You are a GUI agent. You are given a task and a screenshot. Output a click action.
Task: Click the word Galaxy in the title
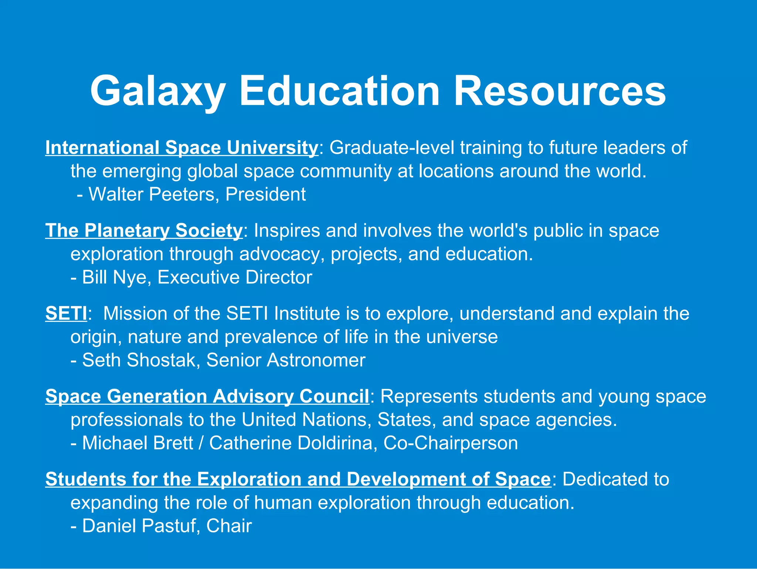[x=158, y=91]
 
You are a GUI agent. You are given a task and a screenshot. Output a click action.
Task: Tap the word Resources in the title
[x=560, y=91]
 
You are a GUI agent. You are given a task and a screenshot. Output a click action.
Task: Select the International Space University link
[x=181, y=148]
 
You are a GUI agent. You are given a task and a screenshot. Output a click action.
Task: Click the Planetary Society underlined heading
[x=144, y=230]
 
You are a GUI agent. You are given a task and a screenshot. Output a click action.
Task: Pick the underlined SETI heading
[x=66, y=314]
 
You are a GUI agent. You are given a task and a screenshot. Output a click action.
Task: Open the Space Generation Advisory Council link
[x=207, y=396]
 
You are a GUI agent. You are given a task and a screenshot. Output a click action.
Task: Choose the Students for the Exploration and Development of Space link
[x=298, y=479]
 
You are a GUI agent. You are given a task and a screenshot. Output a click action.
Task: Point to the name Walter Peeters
[x=150, y=194]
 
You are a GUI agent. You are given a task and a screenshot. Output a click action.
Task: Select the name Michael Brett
[x=138, y=443]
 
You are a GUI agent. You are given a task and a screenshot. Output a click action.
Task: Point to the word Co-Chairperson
[x=451, y=443]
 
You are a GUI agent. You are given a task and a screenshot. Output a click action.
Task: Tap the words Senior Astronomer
[x=286, y=360]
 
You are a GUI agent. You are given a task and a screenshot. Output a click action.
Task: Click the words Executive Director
[x=235, y=277]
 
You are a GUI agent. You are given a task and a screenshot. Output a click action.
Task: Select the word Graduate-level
[x=391, y=148]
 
